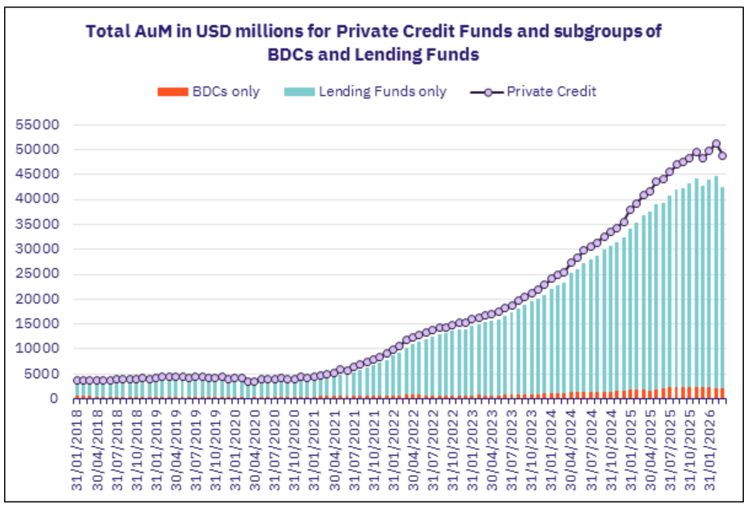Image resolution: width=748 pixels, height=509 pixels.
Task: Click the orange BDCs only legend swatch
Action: pos(173,92)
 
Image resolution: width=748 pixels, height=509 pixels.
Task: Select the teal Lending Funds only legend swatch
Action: pos(300,92)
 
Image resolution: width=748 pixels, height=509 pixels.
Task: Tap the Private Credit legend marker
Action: pos(487,92)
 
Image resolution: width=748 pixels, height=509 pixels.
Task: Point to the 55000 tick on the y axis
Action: pos(38,125)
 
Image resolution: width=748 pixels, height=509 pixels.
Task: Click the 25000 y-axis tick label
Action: pos(38,273)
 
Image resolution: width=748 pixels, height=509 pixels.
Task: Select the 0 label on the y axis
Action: pos(54,399)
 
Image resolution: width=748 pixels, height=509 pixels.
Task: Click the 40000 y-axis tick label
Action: pos(38,199)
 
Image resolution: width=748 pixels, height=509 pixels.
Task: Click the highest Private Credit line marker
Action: pos(716,143)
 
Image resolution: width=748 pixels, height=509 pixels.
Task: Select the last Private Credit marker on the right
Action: pos(723,155)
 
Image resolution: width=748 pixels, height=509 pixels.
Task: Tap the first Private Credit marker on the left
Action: pos(77,381)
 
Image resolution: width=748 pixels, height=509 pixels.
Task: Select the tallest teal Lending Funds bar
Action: pos(716,282)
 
